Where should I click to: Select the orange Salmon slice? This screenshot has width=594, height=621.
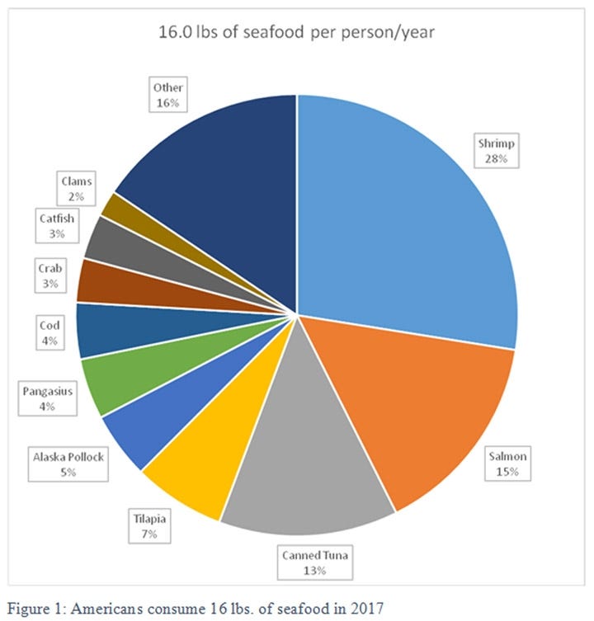tap(421, 404)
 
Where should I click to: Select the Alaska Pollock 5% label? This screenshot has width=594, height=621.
tap(68, 463)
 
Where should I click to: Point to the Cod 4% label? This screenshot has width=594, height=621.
tap(49, 332)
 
